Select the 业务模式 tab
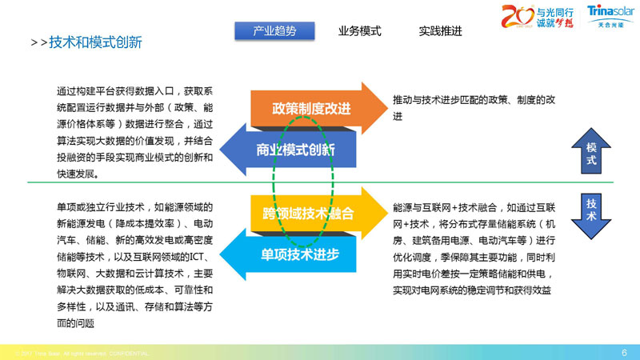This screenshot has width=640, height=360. [359, 31]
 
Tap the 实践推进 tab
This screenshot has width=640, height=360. [440, 31]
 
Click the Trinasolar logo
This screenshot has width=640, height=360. [610, 16]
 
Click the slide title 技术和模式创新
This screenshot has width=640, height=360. [95, 42]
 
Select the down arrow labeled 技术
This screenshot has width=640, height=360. [591, 210]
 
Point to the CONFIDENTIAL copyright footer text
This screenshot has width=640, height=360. [80, 353]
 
